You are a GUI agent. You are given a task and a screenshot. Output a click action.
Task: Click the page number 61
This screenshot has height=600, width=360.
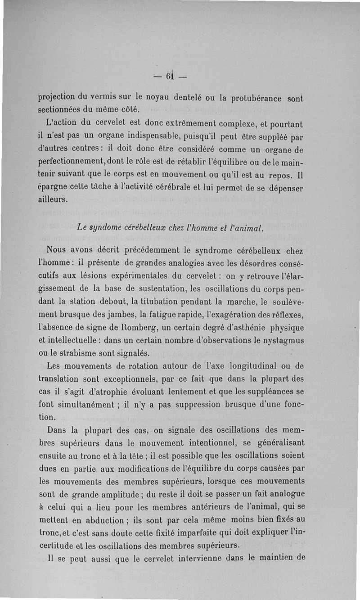[x=170, y=76]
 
